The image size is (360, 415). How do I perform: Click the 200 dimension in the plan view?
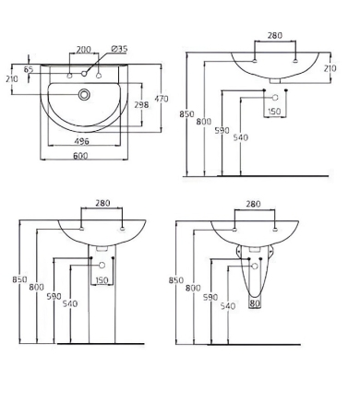pos(84,49)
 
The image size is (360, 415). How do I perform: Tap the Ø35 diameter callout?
pos(119,49)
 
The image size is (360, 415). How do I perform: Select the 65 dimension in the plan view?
pos(28,69)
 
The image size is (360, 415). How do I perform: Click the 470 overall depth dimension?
pos(161,99)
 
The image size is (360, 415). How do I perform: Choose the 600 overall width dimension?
pos(84,155)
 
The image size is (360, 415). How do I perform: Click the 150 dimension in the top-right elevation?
pos(273,112)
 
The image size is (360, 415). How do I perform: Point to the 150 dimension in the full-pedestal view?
pos(102,280)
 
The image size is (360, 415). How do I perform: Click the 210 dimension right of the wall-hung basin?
pos(330,67)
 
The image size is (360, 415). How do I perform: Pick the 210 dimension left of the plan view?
pos(12,79)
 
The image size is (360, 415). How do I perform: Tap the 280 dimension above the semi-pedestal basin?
pos(254,205)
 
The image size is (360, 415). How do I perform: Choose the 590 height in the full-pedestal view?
pos(54,297)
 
